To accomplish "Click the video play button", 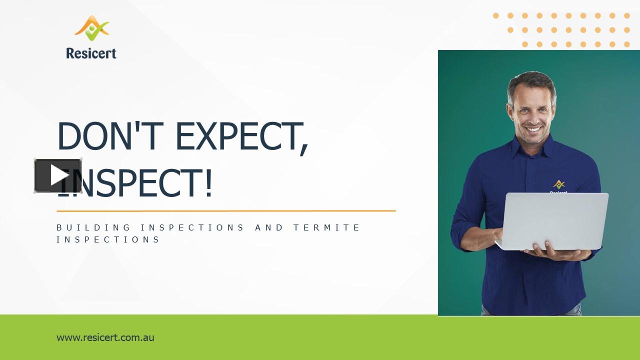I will tap(58, 175).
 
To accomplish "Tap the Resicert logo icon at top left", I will tap(91, 28).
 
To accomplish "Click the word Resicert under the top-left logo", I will tap(91, 52).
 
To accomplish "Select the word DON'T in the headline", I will tap(112, 136).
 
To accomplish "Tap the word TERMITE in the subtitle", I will tap(326, 227).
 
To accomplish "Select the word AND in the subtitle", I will tap(269, 227).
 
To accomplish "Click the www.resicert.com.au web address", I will tap(105, 337).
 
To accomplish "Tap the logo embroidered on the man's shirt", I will tap(558, 186).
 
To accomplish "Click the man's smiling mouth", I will tap(533, 129).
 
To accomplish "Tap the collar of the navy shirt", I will tap(520, 145).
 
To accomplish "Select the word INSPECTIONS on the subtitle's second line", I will tap(108, 239).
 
